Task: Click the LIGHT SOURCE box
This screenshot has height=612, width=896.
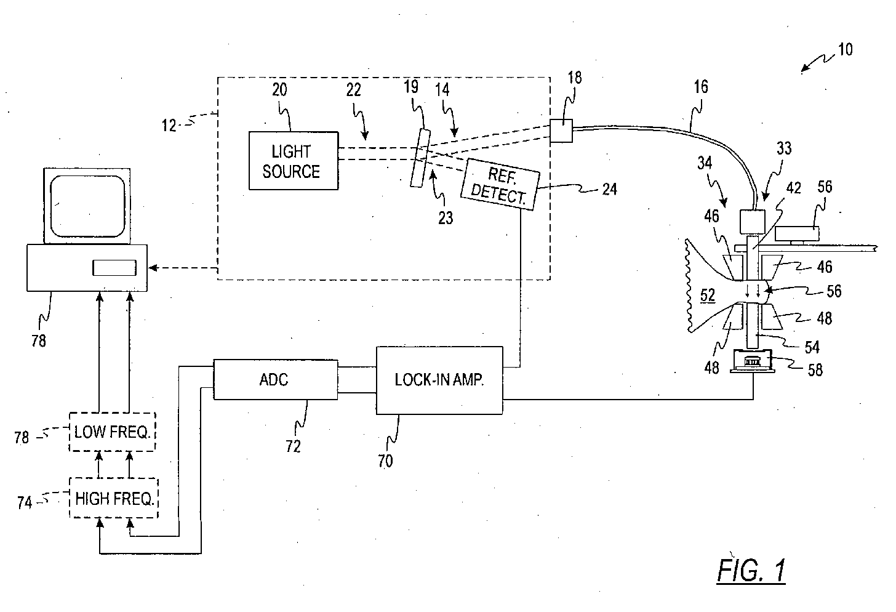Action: (294, 161)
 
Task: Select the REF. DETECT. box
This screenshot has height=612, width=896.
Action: (500, 184)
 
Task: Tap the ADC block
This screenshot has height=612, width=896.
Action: (276, 379)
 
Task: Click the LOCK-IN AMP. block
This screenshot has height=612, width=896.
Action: (439, 380)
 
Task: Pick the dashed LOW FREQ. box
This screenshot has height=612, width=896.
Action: (112, 432)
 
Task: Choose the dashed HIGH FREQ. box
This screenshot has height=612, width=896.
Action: (114, 498)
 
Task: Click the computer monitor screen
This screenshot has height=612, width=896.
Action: (87, 206)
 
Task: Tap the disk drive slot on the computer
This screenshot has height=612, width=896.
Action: (114, 268)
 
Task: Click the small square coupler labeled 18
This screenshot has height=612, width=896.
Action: (561, 131)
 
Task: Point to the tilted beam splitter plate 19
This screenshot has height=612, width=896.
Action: (420, 158)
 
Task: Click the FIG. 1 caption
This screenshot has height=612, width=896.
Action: (751, 571)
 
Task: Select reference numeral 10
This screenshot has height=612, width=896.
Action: (845, 50)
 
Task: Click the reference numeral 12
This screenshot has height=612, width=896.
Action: (169, 126)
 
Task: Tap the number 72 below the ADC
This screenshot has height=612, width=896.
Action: (293, 446)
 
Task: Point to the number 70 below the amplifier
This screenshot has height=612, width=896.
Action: (385, 461)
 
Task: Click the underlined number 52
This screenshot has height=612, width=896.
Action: (708, 296)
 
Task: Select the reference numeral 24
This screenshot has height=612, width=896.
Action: (610, 189)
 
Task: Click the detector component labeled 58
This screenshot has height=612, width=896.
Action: (753, 361)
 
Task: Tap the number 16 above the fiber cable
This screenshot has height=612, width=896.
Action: (701, 86)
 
